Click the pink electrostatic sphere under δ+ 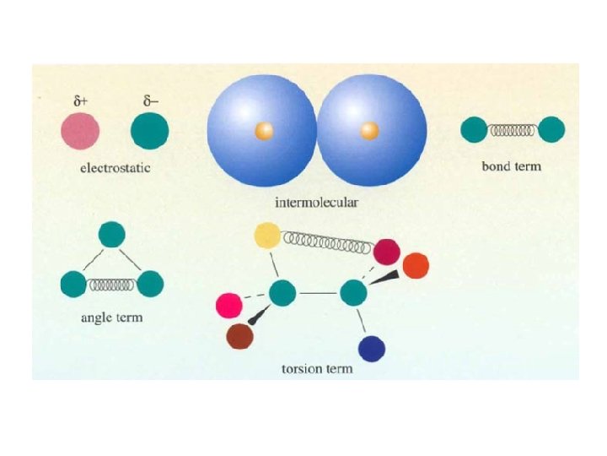pyautogui.click(x=80, y=131)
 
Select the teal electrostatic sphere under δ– pyautogui.click(x=150, y=131)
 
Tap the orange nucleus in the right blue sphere pyautogui.click(x=368, y=130)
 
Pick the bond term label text pyautogui.click(x=511, y=166)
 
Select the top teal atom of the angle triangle pyautogui.click(x=111, y=234)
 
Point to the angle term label pyautogui.click(x=111, y=318)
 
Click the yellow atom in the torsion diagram pyautogui.click(x=267, y=236)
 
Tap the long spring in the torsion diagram pyautogui.click(x=328, y=243)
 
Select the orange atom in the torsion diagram pyautogui.click(x=415, y=265)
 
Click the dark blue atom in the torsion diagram pyautogui.click(x=372, y=347)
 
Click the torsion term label pyautogui.click(x=317, y=370)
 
